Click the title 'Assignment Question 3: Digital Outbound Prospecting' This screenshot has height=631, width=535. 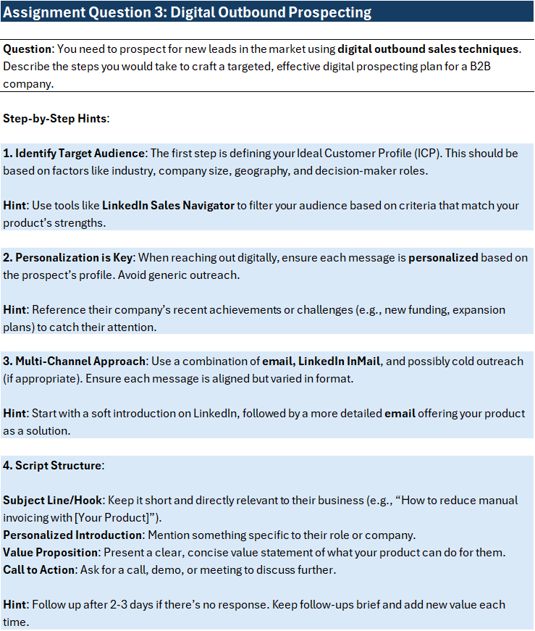click(188, 12)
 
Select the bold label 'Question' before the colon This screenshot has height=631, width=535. click(28, 49)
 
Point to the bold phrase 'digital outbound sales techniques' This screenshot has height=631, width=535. click(429, 49)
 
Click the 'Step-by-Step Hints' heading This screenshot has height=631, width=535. click(55, 118)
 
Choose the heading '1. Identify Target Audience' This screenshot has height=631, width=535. click(75, 154)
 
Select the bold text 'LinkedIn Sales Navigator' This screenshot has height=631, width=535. click(168, 206)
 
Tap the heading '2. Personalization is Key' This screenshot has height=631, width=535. click(68, 257)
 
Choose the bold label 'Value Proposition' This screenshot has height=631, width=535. click(51, 553)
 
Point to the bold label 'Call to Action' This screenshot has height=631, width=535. click(39, 570)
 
